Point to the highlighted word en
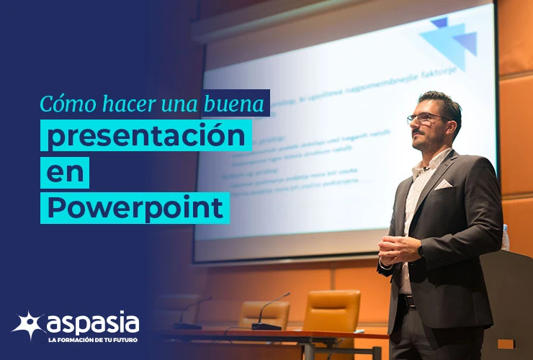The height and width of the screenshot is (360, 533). click(x=65, y=172)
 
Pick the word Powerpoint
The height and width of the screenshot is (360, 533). click(x=135, y=207)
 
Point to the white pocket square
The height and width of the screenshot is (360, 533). click(x=443, y=184)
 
